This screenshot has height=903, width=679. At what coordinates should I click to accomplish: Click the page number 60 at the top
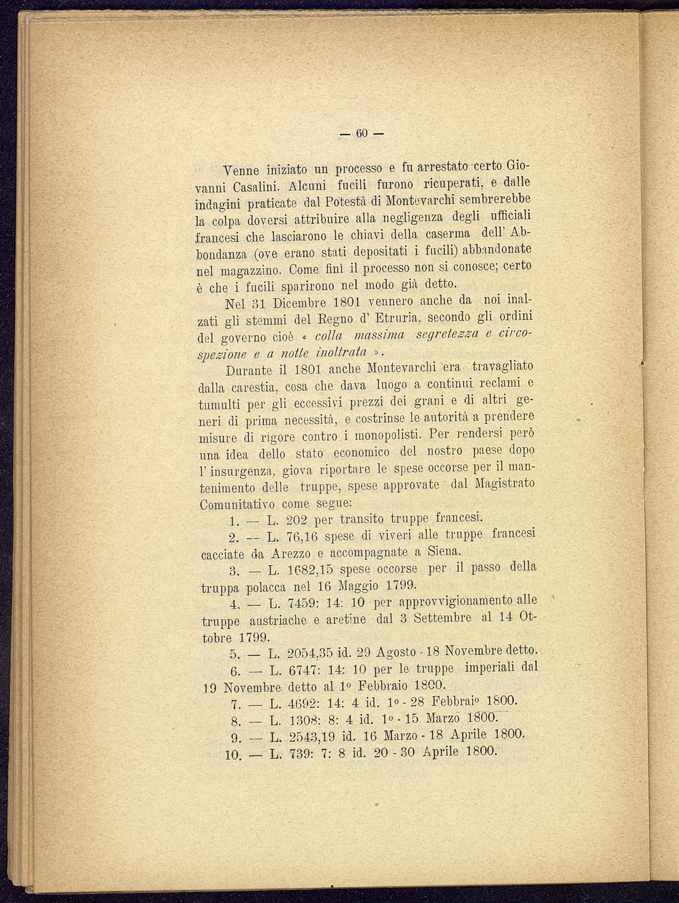point(361,134)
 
